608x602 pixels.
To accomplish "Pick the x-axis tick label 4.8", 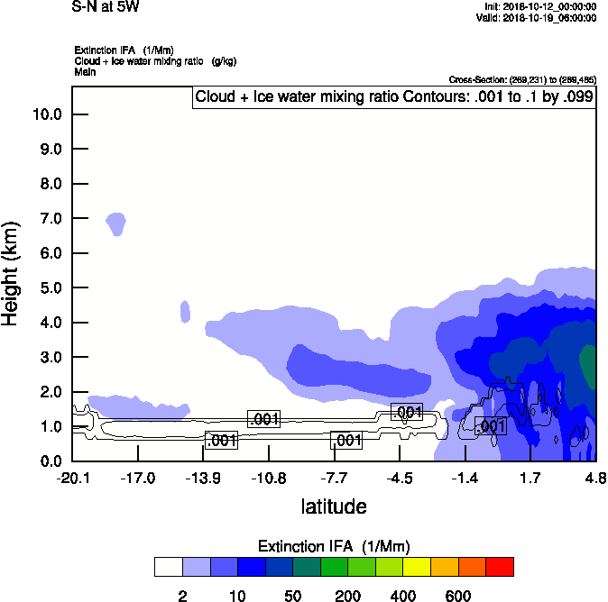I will [594, 478].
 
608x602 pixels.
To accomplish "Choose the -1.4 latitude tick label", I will [465, 478].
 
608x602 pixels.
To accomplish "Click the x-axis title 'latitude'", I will [334, 506].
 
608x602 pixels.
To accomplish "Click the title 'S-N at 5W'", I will [106, 8].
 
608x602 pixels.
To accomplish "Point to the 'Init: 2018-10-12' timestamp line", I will [540, 6].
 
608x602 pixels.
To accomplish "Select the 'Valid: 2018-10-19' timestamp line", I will [536, 17].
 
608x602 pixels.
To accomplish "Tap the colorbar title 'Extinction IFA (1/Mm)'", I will [334, 546].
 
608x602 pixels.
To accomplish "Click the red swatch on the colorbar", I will [500, 567].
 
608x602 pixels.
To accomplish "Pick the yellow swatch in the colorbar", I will [417, 567].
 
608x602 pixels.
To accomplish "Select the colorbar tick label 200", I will [348, 596].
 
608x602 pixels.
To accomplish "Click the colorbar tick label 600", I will [458, 596].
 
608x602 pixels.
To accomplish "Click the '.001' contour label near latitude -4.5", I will [407, 412].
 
